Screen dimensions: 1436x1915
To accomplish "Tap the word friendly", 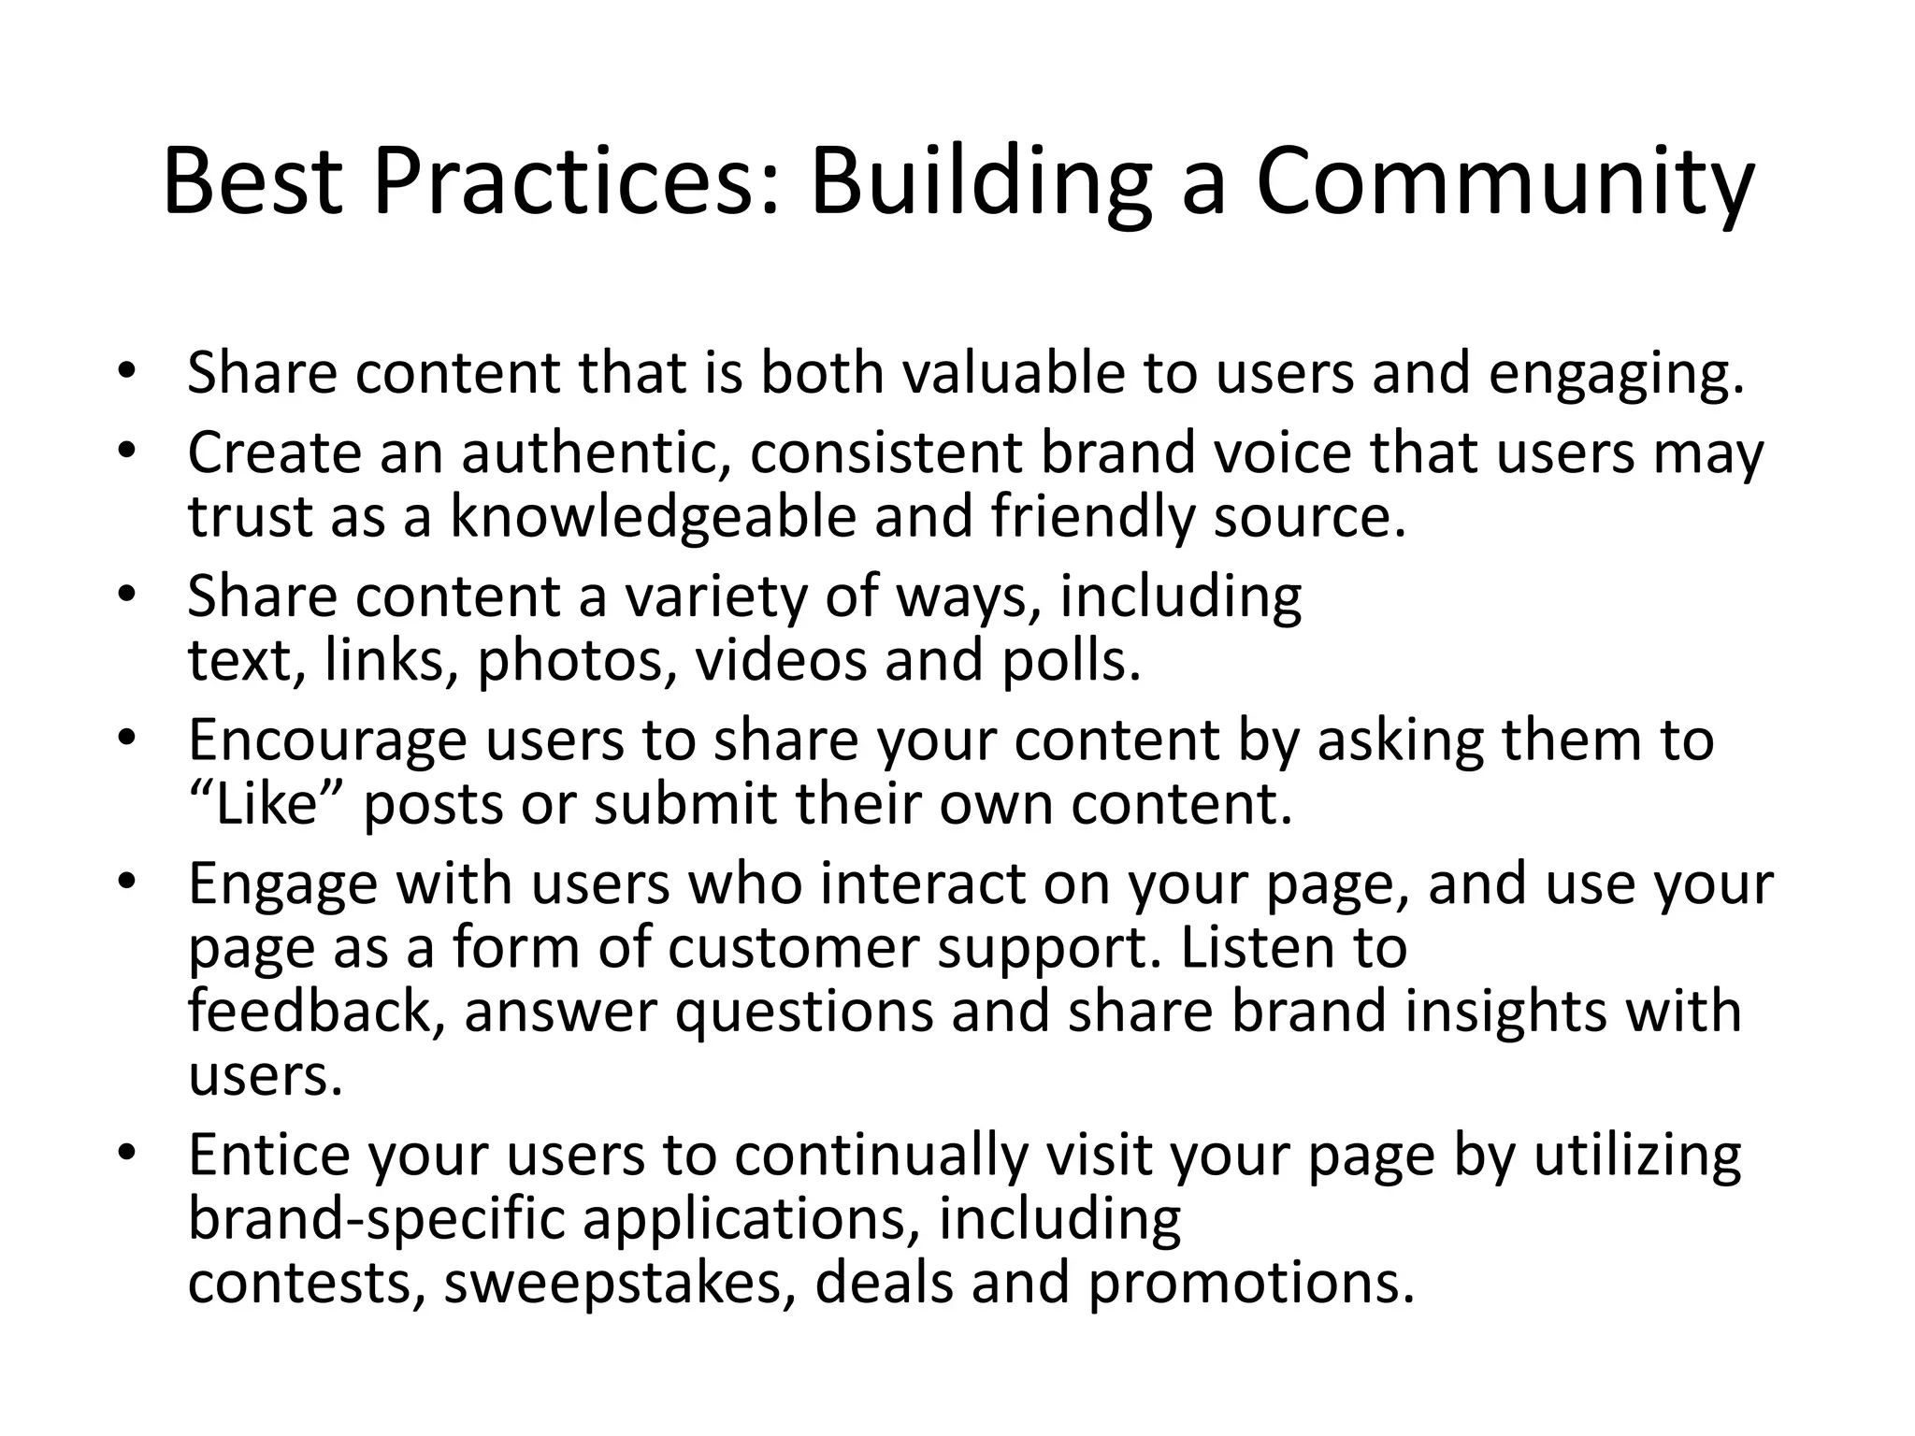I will [x=1093, y=517].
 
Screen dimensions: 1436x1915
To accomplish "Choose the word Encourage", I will [x=327, y=740].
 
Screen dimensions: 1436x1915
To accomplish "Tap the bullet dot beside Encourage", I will [x=127, y=739].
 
